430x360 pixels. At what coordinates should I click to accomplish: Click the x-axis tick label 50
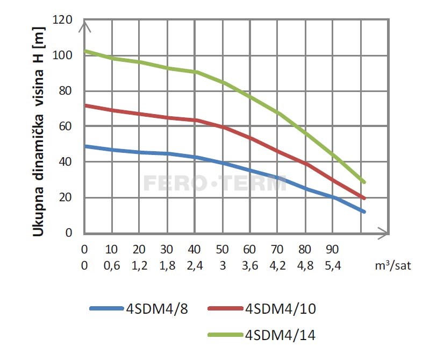(222, 250)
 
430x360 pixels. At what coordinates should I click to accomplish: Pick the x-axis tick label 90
(333, 250)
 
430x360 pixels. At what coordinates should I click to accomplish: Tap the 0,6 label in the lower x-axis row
(111, 265)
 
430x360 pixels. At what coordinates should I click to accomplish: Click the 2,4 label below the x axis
(195, 265)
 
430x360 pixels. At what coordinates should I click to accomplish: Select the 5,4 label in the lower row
(333, 265)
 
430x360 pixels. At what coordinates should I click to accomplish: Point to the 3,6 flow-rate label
(250, 265)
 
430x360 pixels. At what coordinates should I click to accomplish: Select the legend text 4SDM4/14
(279, 335)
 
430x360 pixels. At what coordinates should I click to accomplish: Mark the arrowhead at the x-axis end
(383, 233)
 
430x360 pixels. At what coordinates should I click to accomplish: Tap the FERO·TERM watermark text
(215, 183)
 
